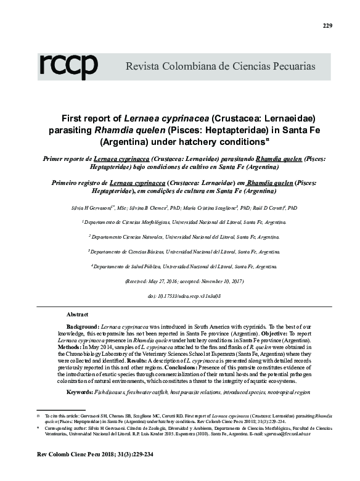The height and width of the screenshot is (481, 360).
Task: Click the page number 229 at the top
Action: point(327,25)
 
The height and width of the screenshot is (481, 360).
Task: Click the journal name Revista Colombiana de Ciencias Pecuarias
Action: point(221,65)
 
